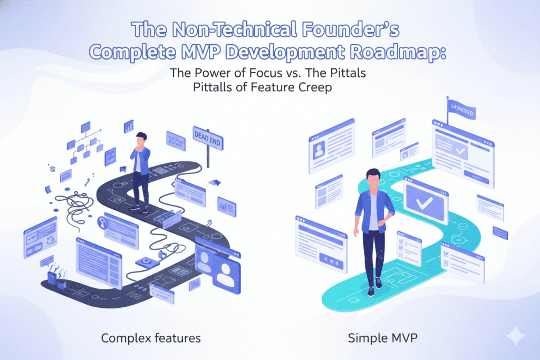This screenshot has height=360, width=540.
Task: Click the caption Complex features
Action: point(151,338)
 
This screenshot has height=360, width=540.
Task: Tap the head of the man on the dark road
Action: point(141,139)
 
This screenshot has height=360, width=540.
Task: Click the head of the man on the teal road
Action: point(373,177)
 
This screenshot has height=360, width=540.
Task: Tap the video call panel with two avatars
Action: point(217,268)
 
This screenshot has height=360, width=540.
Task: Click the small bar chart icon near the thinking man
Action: point(129,127)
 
